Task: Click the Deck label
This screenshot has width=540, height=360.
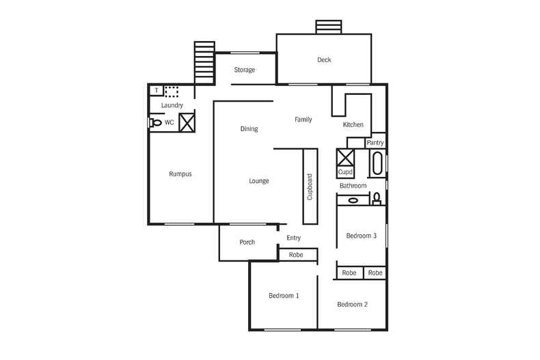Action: click(x=324, y=60)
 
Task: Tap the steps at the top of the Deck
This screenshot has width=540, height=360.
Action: click(x=328, y=27)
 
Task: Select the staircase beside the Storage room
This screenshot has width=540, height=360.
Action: click(x=204, y=62)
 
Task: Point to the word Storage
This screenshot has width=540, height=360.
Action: click(x=245, y=70)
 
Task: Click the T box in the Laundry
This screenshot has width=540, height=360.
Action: click(x=157, y=90)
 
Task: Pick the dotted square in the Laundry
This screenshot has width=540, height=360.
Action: click(x=172, y=90)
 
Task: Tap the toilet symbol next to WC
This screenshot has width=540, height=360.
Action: click(x=155, y=123)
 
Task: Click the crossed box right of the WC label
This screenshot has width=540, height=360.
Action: click(x=187, y=122)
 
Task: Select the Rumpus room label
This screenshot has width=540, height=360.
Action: click(x=180, y=174)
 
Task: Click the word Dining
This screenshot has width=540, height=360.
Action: click(x=249, y=128)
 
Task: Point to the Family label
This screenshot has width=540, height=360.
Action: click(x=303, y=120)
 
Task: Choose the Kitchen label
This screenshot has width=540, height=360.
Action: click(x=353, y=125)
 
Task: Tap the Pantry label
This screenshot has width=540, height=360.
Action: click(x=375, y=143)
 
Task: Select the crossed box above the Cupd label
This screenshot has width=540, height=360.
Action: click(x=346, y=158)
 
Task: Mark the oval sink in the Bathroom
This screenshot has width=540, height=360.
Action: click(x=353, y=200)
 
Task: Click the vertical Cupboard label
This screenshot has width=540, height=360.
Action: click(x=310, y=186)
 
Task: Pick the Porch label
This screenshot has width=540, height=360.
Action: click(x=247, y=243)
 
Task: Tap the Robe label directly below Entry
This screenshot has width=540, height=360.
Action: click(x=296, y=255)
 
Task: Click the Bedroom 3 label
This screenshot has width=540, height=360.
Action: click(x=361, y=236)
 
